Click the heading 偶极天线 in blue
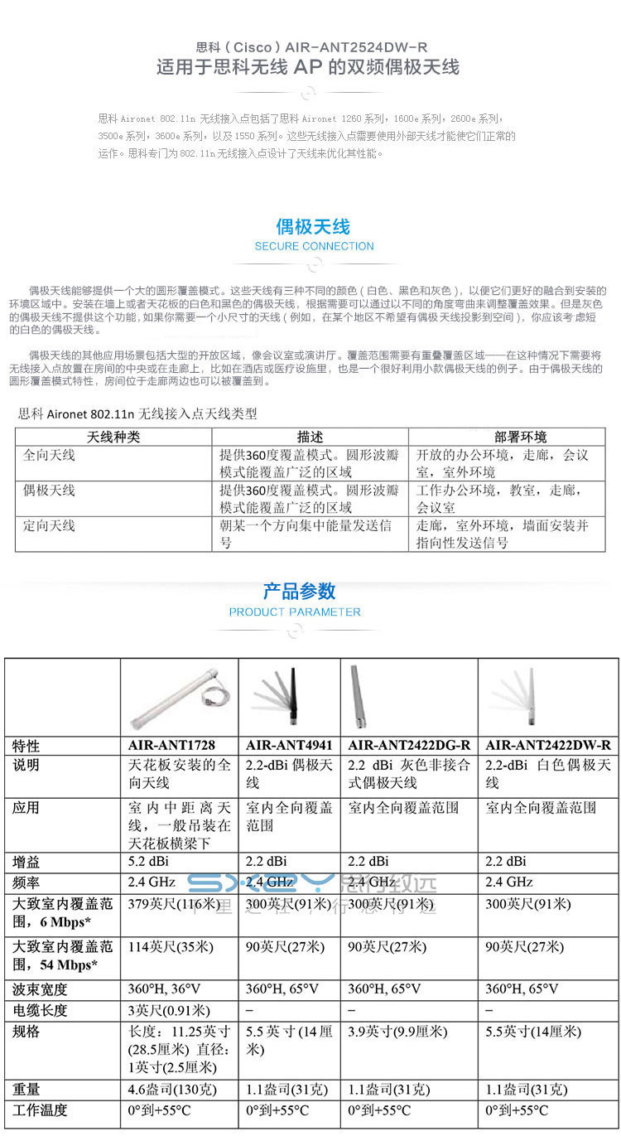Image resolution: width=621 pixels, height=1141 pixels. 313,227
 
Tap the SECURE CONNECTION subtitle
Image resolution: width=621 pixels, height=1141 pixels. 314,246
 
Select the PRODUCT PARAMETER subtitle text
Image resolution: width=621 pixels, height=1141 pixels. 295,612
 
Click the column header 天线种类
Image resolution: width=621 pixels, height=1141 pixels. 113,437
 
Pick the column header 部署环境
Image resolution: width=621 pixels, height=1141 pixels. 520,437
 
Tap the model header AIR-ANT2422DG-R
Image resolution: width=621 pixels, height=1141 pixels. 409,745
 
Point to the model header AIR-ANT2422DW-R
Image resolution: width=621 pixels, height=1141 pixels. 547,745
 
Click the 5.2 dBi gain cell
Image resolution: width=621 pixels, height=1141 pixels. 148,861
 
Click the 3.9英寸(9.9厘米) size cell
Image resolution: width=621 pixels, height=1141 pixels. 397,1032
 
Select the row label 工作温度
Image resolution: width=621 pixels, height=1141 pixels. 40,1110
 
